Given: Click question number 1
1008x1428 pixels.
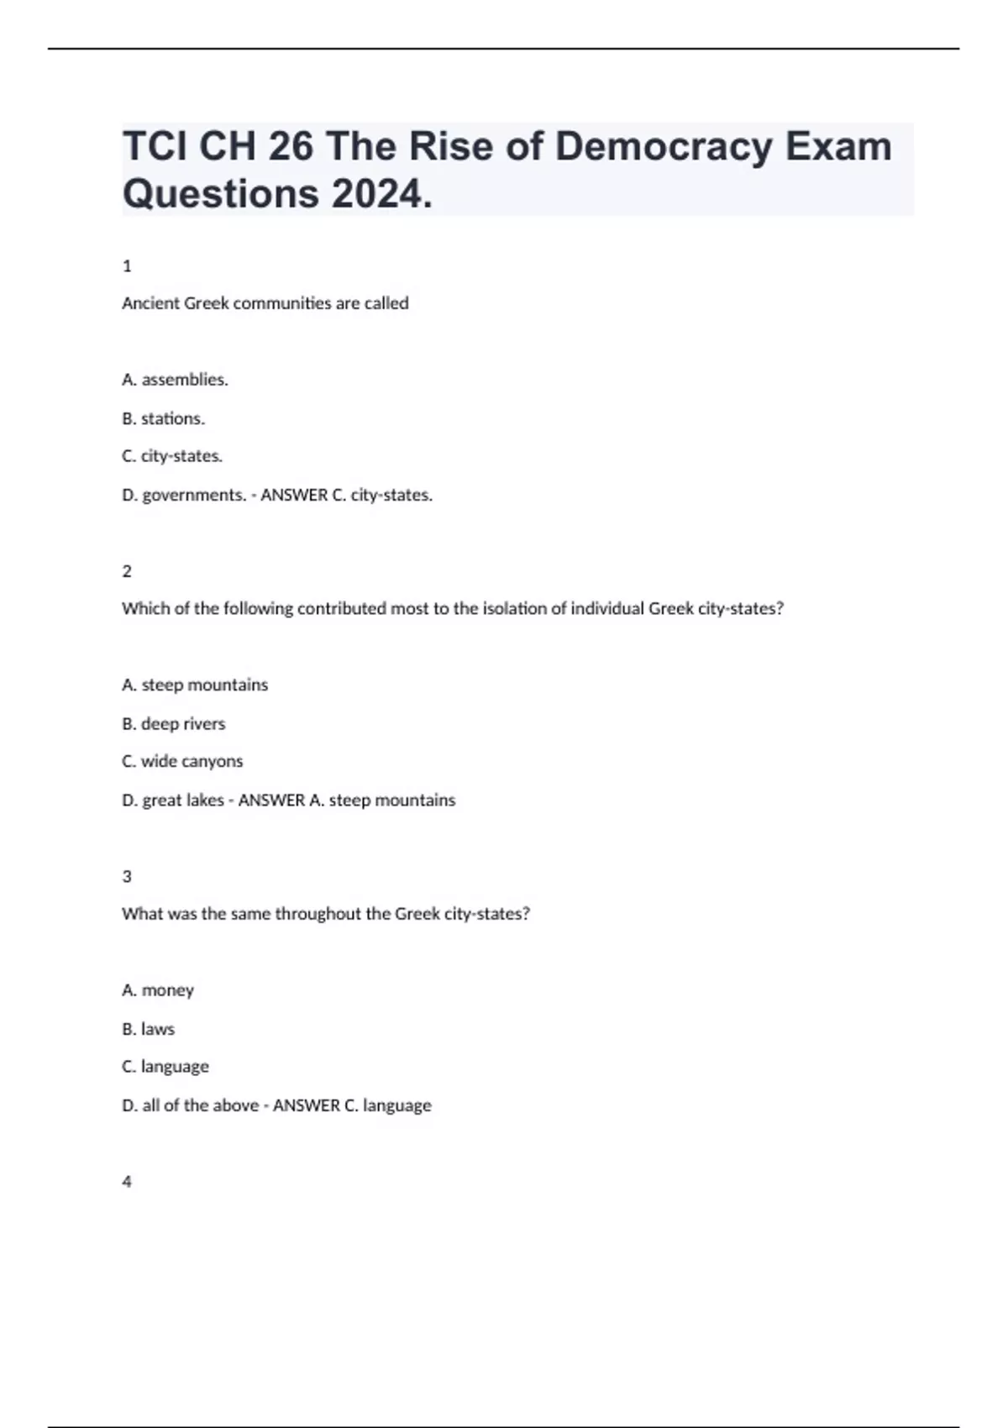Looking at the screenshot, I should [127, 266].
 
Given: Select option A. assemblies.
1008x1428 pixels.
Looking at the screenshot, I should [175, 380].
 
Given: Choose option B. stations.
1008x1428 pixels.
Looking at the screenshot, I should [163, 418].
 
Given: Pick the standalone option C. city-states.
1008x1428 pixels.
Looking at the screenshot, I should [172, 456].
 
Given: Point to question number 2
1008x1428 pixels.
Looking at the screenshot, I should [127, 571].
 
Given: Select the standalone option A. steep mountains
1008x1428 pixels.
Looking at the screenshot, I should [195, 685].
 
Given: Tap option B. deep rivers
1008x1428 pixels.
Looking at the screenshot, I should [173, 723].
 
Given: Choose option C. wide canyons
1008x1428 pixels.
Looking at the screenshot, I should [182, 761].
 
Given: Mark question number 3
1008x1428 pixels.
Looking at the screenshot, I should [127, 876].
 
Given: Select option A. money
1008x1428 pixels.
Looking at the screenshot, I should [158, 990].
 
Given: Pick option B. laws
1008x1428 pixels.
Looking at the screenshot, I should [148, 1029].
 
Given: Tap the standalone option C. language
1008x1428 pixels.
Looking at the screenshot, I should [165, 1067].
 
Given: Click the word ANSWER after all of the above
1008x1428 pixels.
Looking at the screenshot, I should [306, 1105].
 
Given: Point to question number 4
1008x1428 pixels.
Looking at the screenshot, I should [127, 1182].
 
